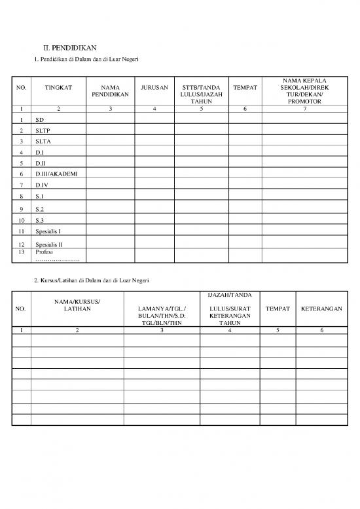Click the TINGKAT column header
[58, 86]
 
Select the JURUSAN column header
[154, 86]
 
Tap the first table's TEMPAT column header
[244, 86]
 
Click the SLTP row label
[43, 130]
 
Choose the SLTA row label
[43, 141]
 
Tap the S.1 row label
[40, 196]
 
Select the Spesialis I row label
[49, 231]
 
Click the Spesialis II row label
[50, 244]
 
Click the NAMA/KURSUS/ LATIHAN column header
[77, 305]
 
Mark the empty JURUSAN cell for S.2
[154, 208]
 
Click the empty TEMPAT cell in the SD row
[244, 121]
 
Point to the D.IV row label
[43, 185]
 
